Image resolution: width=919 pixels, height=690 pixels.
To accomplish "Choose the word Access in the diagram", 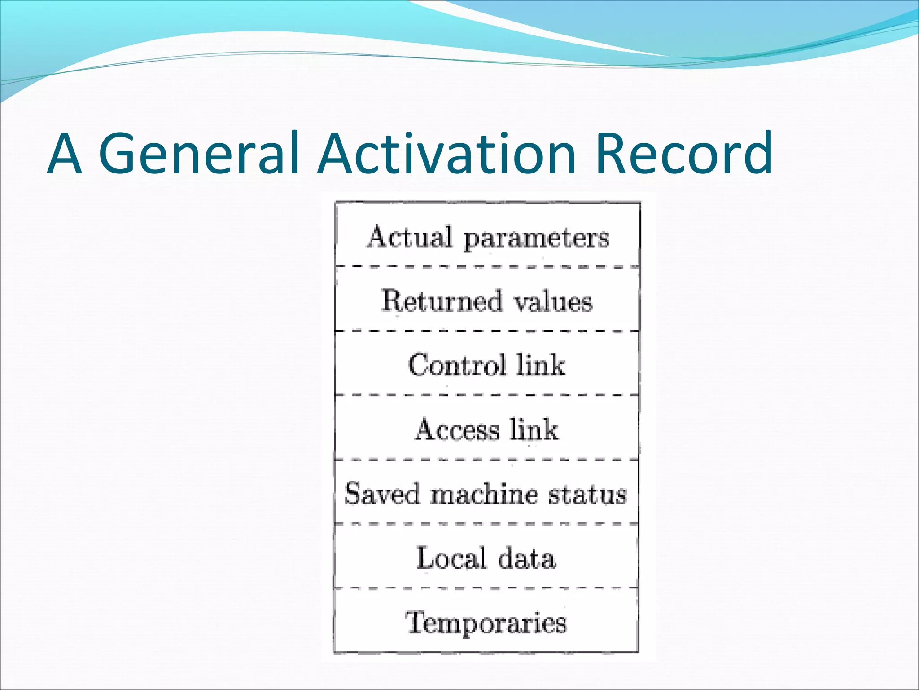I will click(456, 429).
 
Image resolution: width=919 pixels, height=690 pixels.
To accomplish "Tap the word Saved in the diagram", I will click(381, 493).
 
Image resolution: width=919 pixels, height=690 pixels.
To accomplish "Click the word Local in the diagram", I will click(451, 558).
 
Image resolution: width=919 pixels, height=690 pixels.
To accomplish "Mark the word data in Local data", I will click(527, 558).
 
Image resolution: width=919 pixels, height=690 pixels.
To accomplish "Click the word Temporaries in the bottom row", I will click(486, 623).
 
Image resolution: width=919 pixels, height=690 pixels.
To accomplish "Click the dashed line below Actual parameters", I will click(487, 267).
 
